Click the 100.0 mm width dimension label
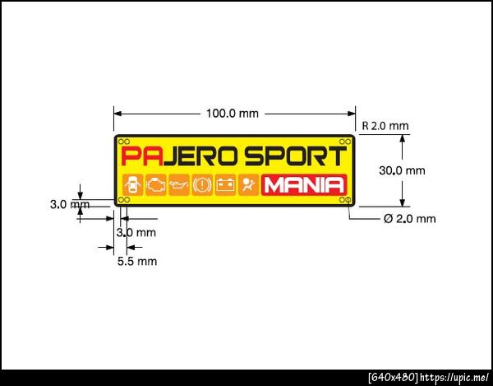click(233, 114)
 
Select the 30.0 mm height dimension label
click(402, 170)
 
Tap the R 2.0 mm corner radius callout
click(385, 126)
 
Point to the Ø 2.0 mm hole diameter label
click(410, 218)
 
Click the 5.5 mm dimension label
click(137, 261)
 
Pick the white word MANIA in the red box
click(304, 185)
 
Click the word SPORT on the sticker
click(296, 156)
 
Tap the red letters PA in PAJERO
click(142, 156)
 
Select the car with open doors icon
click(132, 185)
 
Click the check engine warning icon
click(156, 185)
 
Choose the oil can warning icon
click(179, 185)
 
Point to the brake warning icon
click(202, 185)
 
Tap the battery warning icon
click(225, 185)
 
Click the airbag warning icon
click(249, 185)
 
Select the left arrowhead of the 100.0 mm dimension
click(117, 114)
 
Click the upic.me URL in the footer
click(454, 377)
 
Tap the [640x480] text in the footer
click(393, 377)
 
